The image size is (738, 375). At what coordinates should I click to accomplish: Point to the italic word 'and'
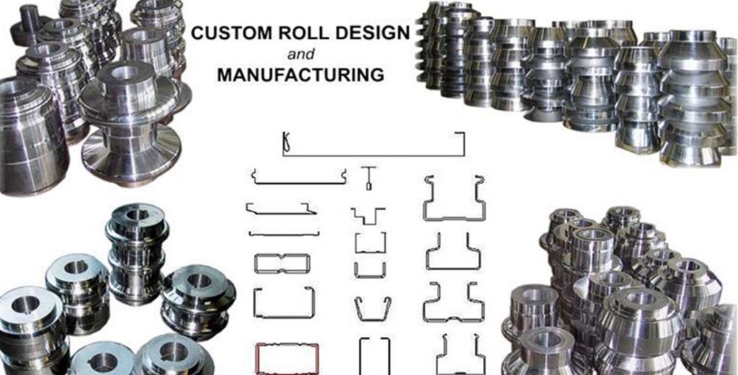[x=298, y=54]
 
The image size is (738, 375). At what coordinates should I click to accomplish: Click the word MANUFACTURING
[x=300, y=74]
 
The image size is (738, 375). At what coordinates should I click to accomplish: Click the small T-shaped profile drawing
[x=368, y=178]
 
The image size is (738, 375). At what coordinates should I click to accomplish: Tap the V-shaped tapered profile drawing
[x=372, y=307]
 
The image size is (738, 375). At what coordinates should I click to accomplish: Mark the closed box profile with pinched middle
[x=282, y=263]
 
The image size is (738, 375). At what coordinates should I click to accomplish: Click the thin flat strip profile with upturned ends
[x=283, y=234]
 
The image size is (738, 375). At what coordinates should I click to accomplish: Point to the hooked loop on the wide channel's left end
[x=286, y=143]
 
